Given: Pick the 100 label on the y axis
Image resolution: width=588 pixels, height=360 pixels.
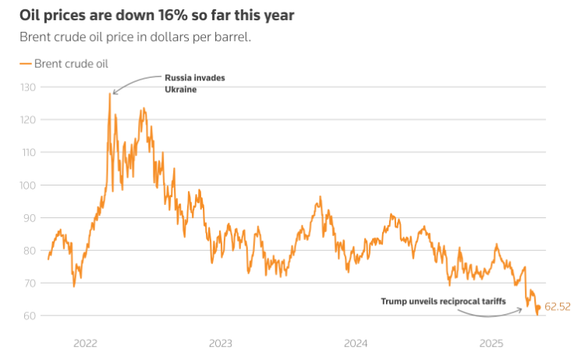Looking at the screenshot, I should pyautogui.click(x=28, y=185).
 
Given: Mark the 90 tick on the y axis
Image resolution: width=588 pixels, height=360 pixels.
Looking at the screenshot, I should pyautogui.click(x=30, y=217).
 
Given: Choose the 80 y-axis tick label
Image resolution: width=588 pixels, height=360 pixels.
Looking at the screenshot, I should pyautogui.click(x=30, y=250).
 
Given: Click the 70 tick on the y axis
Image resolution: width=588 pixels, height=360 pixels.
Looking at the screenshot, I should pyautogui.click(x=30, y=283).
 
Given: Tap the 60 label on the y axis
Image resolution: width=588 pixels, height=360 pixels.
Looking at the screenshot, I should pyautogui.click(x=30, y=316).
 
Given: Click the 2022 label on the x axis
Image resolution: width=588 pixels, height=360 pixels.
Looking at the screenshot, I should pyautogui.click(x=85, y=343).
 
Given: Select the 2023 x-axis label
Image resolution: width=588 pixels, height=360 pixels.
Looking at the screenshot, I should pyautogui.click(x=221, y=343).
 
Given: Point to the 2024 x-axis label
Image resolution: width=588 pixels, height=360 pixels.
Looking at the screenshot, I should pyautogui.click(x=356, y=343).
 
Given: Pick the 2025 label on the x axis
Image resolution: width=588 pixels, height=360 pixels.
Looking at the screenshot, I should pyautogui.click(x=491, y=343).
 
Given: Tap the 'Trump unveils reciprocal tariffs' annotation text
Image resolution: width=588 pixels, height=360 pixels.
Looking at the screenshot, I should pyautogui.click(x=444, y=301).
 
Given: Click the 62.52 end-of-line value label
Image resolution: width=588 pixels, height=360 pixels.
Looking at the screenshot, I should pyautogui.click(x=558, y=307).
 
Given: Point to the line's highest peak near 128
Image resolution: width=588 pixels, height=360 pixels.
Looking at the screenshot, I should pyautogui.click(x=110, y=94).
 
